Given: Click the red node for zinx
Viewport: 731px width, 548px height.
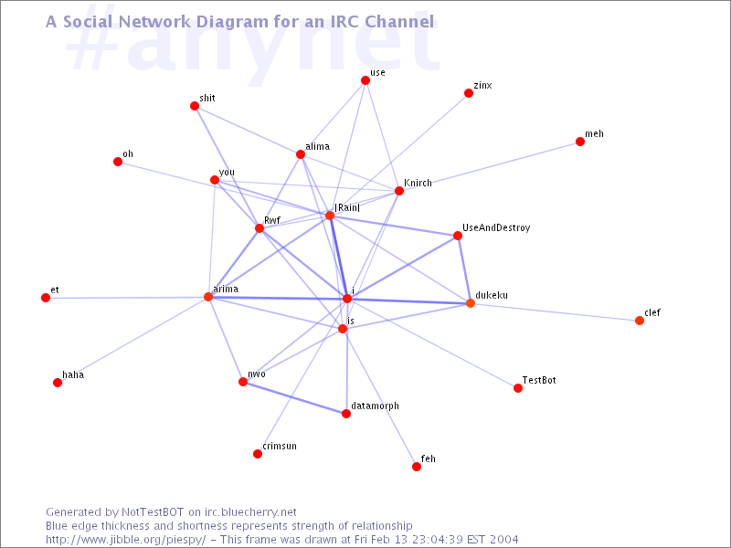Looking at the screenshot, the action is click(469, 93).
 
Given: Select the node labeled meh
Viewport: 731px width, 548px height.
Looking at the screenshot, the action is click(580, 142).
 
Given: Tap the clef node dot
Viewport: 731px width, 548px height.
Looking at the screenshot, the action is click(640, 321).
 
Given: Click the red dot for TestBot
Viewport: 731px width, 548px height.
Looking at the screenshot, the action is click(518, 388).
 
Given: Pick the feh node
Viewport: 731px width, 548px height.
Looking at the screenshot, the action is click(417, 467).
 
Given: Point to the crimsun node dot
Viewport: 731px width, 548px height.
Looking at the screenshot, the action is click(258, 454).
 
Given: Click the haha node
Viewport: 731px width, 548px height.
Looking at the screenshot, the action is click(58, 383).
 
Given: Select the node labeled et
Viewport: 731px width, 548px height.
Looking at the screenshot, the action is click(46, 298).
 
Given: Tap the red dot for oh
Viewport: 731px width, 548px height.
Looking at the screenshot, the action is click(118, 162).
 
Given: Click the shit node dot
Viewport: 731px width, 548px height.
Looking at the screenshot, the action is click(195, 106).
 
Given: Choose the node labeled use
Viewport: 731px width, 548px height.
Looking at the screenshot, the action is click(365, 80).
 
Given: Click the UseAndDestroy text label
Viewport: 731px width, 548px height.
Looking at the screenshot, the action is click(496, 227).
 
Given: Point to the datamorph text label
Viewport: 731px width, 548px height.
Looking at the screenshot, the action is click(375, 406).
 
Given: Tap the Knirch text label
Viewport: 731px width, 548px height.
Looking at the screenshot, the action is click(418, 183).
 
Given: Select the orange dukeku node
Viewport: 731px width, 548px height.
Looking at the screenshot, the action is click(471, 303).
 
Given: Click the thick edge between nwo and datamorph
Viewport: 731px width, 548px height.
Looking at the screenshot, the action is click(294, 398).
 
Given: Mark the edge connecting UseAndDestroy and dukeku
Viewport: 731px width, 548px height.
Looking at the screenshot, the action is click(464, 269).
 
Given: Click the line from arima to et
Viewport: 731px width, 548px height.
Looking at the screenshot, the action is click(127, 298).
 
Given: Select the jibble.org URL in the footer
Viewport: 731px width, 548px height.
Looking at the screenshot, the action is click(125, 540).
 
